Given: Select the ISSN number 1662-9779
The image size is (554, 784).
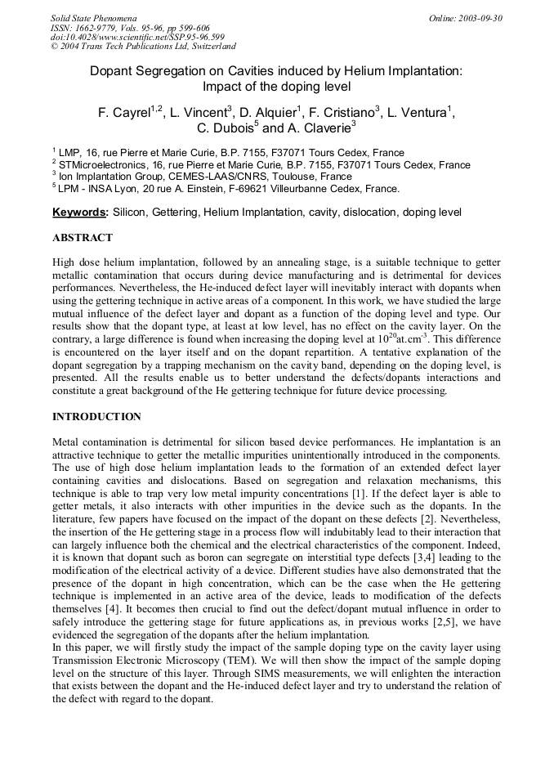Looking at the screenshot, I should click(x=105, y=28).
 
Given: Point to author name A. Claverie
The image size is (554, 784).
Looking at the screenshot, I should click(x=319, y=128).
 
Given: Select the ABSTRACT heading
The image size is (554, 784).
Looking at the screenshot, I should click(x=83, y=238).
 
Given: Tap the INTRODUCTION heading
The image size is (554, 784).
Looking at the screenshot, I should click(x=96, y=417).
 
